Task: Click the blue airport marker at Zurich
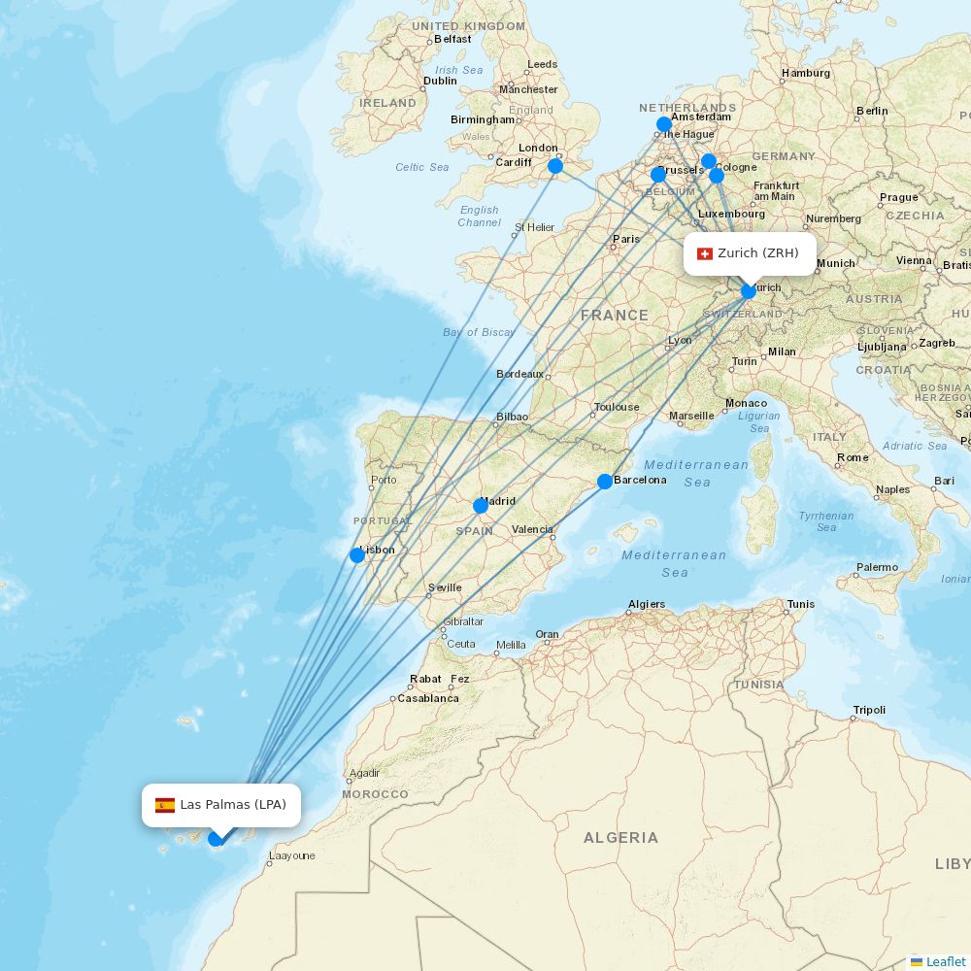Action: [x=749, y=291]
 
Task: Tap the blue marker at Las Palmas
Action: [x=216, y=838]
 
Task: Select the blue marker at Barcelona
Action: [x=605, y=482]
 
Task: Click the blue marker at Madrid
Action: [x=481, y=506]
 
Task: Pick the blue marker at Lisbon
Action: [x=357, y=555]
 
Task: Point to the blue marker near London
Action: [x=555, y=166]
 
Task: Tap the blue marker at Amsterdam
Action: [x=664, y=124]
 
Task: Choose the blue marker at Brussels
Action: [x=658, y=175]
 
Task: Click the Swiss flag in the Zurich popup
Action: [x=705, y=253]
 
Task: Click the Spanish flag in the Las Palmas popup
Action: [x=165, y=805]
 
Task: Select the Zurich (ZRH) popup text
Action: [x=758, y=253]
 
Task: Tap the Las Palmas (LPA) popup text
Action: [x=233, y=805]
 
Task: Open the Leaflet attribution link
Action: [x=945, y=961]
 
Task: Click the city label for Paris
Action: [x=626, y=239]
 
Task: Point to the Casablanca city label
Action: [x=428, y=698]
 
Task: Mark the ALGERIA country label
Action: [x=620, y=837]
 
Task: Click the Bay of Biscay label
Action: [x=479, y=332]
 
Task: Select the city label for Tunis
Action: [x=801, y=604]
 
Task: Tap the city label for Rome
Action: [x=853, y=457]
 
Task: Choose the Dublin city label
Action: [x=440, y=81]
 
